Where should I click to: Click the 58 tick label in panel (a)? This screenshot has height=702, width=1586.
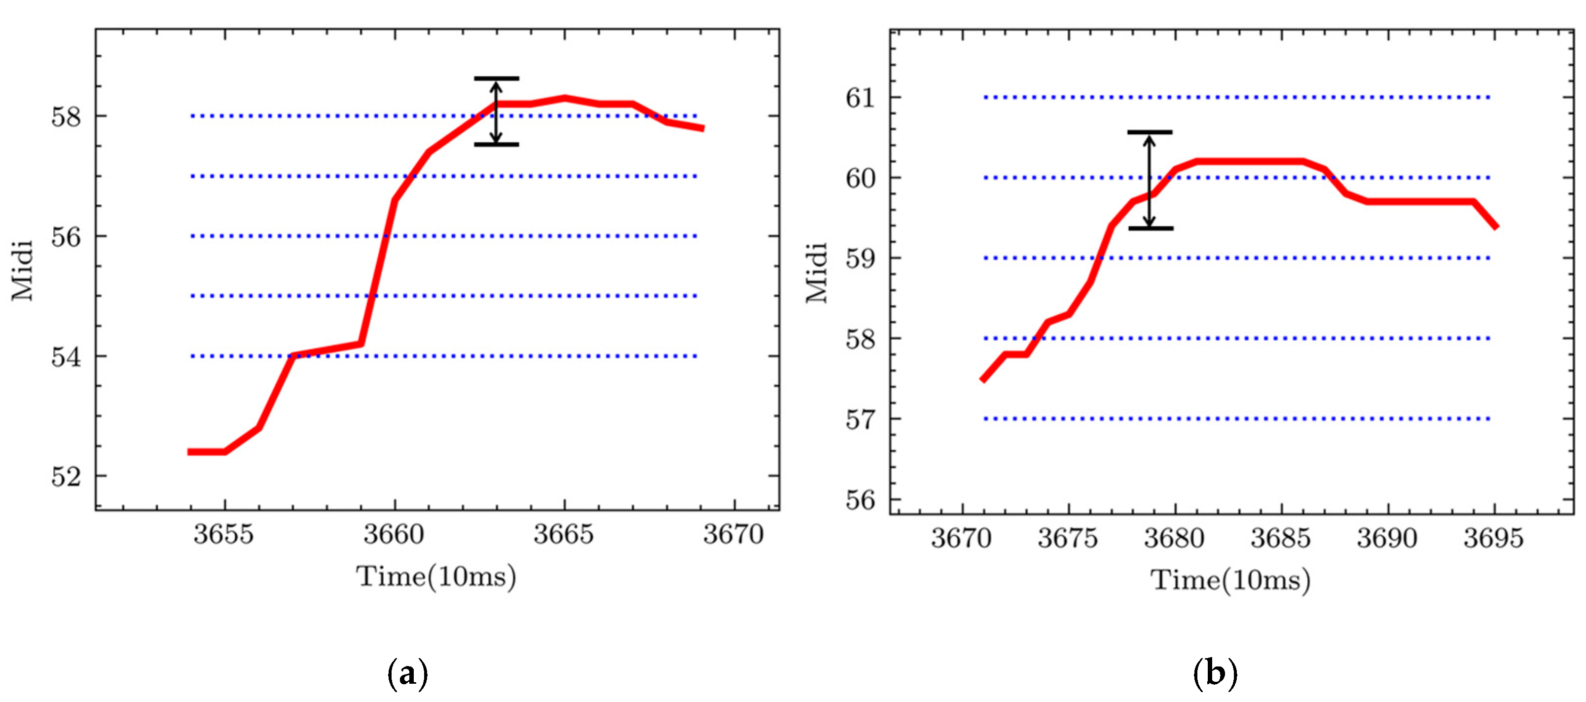click(66, 116)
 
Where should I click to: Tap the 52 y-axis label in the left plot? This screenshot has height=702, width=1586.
click(66, 477)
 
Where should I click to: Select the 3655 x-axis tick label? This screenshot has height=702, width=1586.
click(223, 534)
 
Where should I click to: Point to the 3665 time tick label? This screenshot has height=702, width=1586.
click(563, 534)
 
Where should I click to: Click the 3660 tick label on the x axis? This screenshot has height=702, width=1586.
click(394, 534)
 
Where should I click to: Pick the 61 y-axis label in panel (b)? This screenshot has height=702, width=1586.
click(860, 98)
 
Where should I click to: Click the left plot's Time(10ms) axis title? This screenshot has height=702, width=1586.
click(436, 578)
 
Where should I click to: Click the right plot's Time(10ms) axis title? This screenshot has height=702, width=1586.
click(1230, 581)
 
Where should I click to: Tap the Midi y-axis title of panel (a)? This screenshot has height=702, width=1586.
click(22, 271)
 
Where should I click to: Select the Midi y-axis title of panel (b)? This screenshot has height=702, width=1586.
click(816, 273)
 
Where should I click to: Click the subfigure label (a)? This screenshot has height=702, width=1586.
click(407, 674)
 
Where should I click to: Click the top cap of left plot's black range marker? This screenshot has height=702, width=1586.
click(496, 79)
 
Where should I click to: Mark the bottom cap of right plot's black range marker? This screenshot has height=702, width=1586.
click(1150, 228)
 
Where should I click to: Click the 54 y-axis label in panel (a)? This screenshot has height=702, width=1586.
click(66, 357)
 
